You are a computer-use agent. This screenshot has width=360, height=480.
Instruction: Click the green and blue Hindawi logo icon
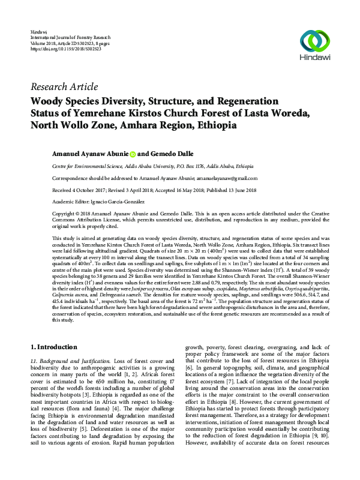(x=316, y=40)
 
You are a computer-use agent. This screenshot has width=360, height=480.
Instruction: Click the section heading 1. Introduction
(x=54, y=347)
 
